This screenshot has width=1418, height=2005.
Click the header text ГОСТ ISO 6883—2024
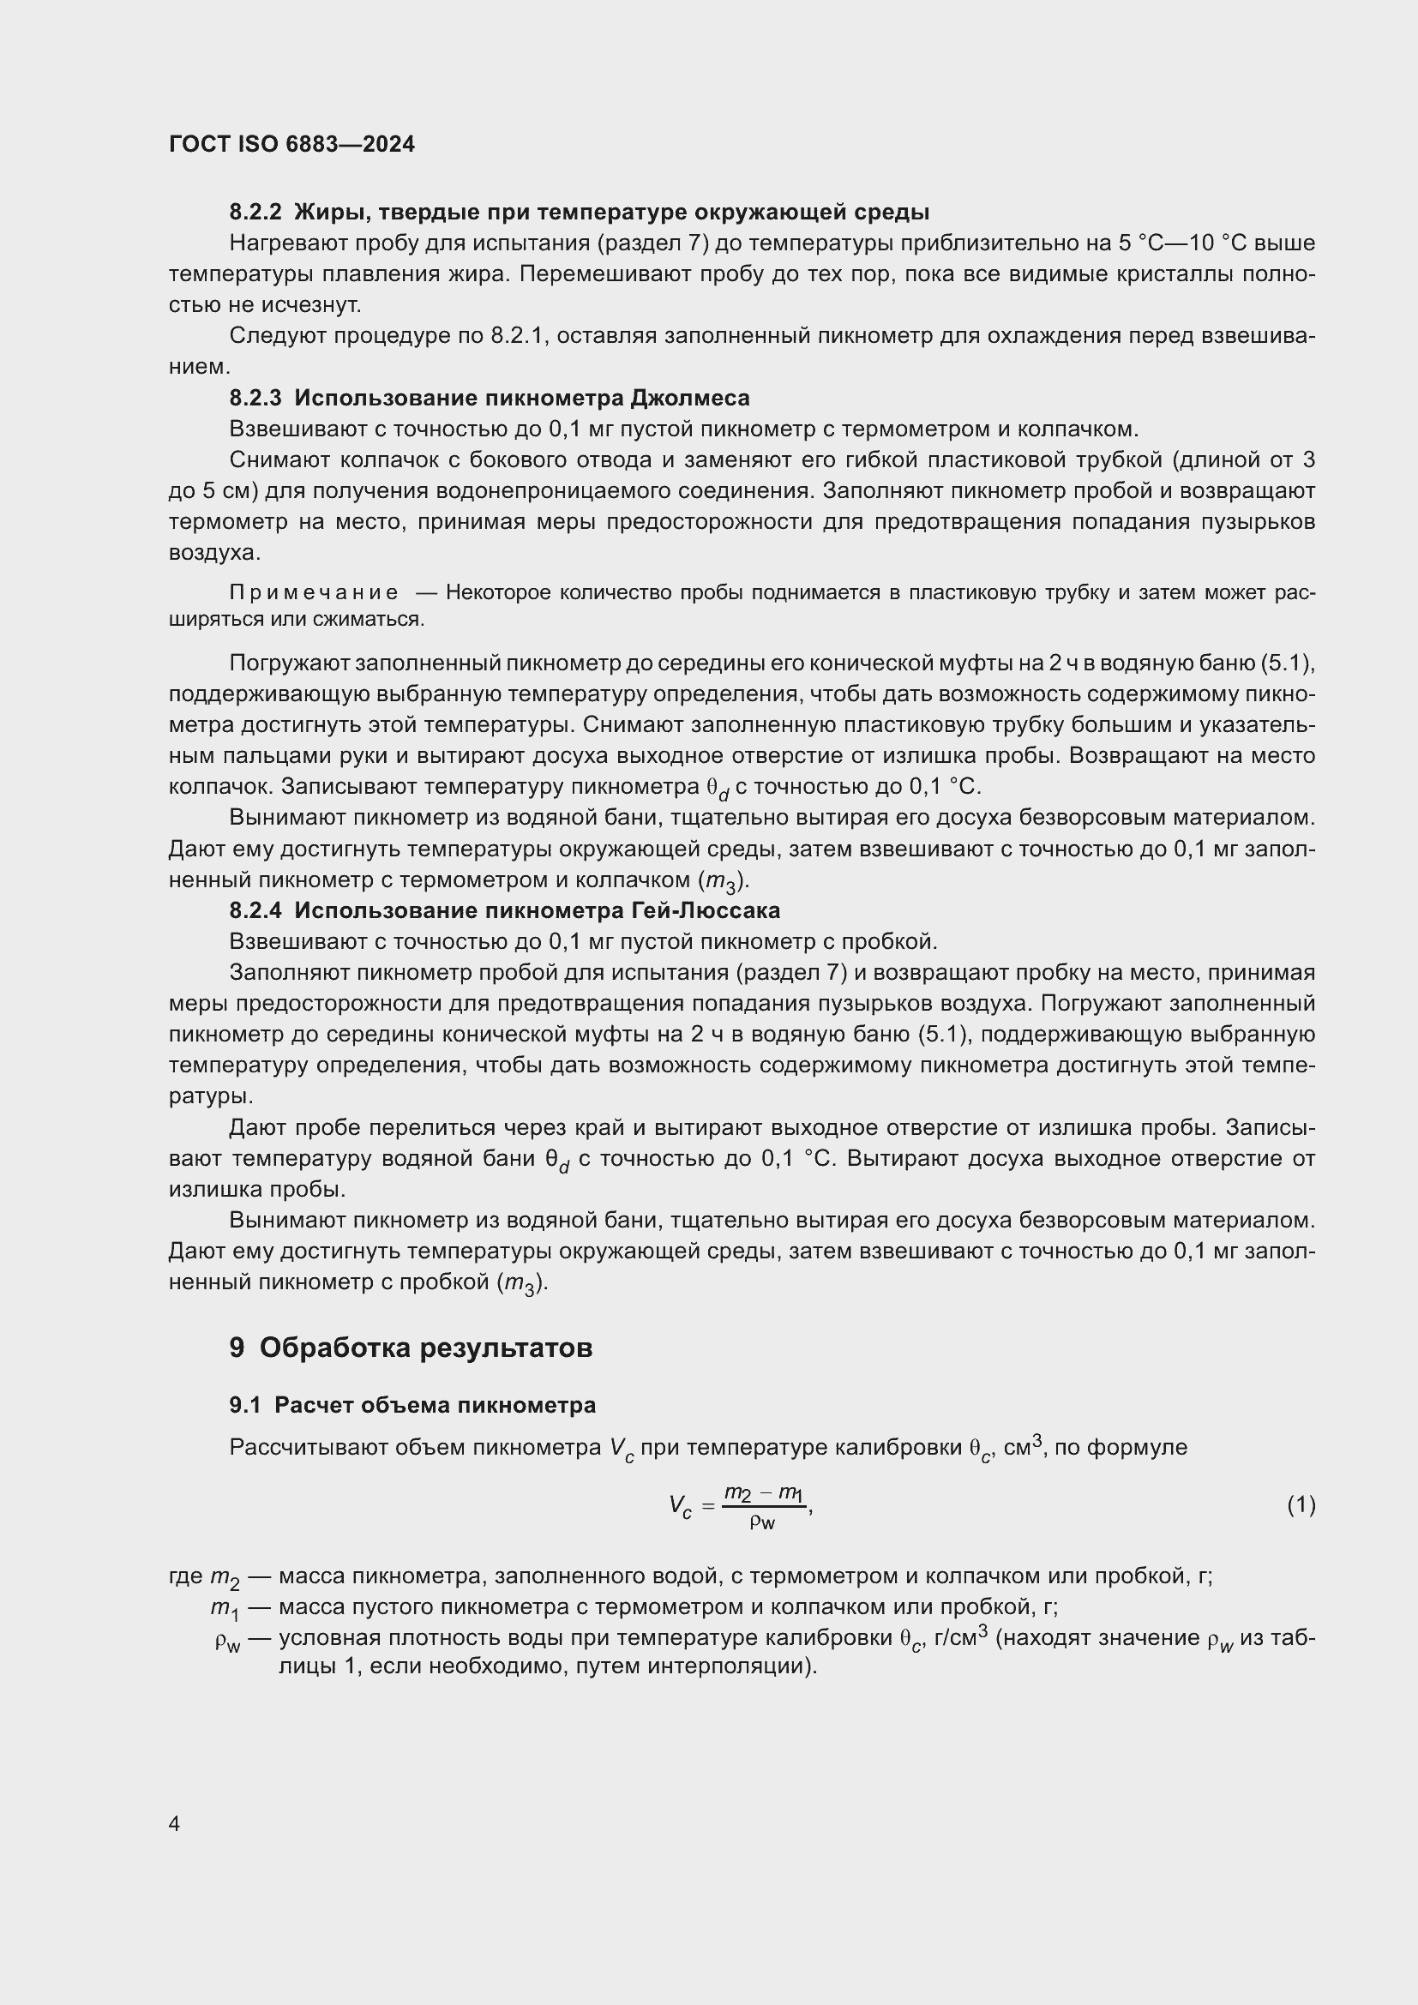[x=291, y=144]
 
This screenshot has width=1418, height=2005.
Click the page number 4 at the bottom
[x=174, y=1823]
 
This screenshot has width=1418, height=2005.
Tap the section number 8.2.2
[x=255, y=213]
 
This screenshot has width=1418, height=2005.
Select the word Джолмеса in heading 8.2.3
[x=690, y=399]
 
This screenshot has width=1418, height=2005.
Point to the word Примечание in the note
[x=314, y=593]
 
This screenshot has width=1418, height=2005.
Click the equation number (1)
[x=1301, y=1504]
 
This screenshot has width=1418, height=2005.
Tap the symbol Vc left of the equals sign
[x=680, y=1506]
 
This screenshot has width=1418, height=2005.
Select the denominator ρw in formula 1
[x=762, y=1522]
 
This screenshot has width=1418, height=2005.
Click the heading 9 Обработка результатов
[x=411, y=1348]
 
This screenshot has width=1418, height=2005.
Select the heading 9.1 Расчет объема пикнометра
[x=412, y=1405]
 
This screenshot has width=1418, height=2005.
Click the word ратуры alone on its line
[x=209, y=1096]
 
